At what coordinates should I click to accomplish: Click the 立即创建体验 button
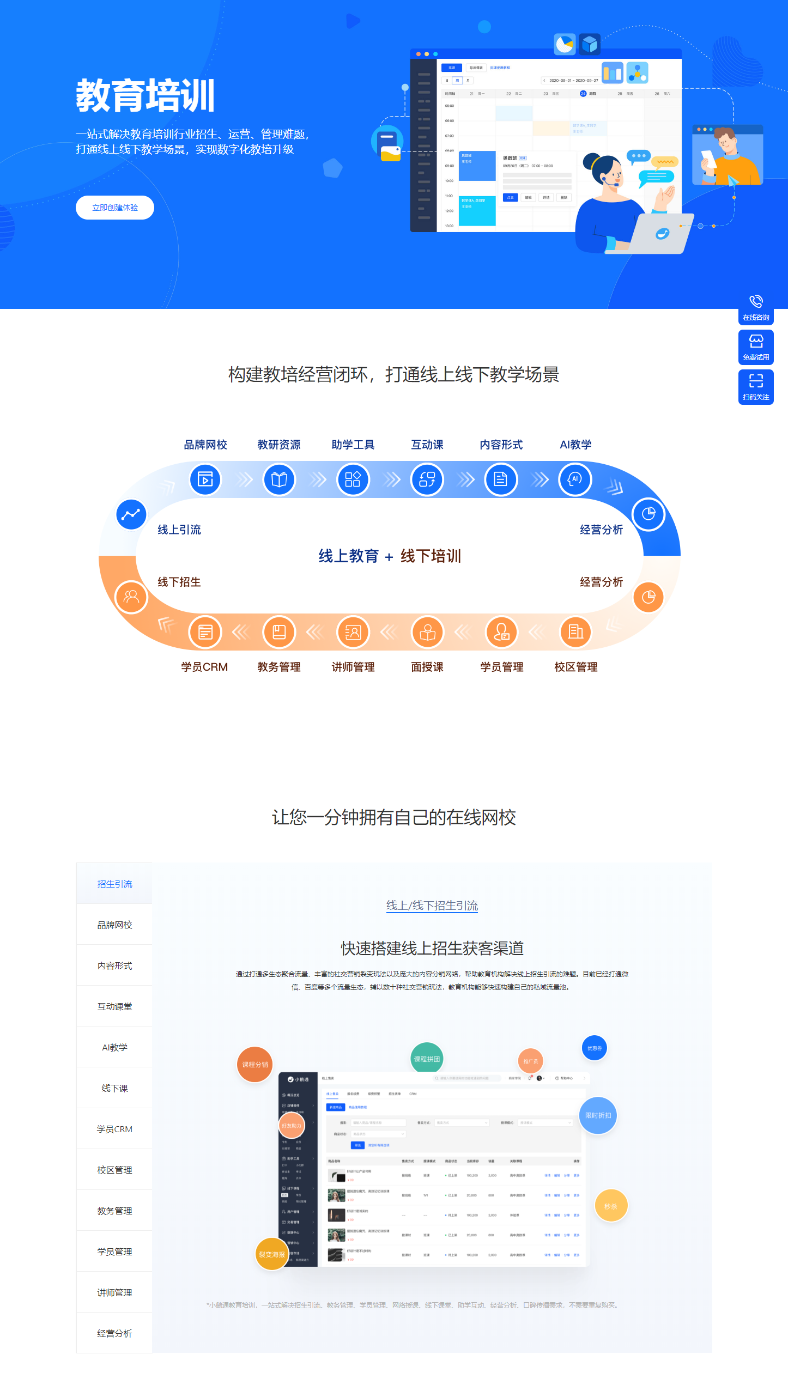115,208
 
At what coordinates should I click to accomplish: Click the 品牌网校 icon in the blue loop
205,479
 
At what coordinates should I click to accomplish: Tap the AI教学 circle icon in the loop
575,479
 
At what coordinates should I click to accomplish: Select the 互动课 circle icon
427,479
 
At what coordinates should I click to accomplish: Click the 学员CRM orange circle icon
205,632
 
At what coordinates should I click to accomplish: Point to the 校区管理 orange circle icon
575,632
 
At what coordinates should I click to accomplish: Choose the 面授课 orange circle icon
427,632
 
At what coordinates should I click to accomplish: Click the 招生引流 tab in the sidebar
114,884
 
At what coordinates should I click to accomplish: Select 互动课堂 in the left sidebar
114,1006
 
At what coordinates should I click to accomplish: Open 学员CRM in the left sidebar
114,1129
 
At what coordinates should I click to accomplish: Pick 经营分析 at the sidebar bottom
114,1333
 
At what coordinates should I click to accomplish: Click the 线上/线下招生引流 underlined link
432,906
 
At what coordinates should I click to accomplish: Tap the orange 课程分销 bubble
254,1064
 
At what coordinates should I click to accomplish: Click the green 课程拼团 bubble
427,1059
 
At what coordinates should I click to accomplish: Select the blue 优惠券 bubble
594,1048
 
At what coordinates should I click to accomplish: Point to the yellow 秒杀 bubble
610,1206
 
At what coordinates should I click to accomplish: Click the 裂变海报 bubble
271,1254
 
